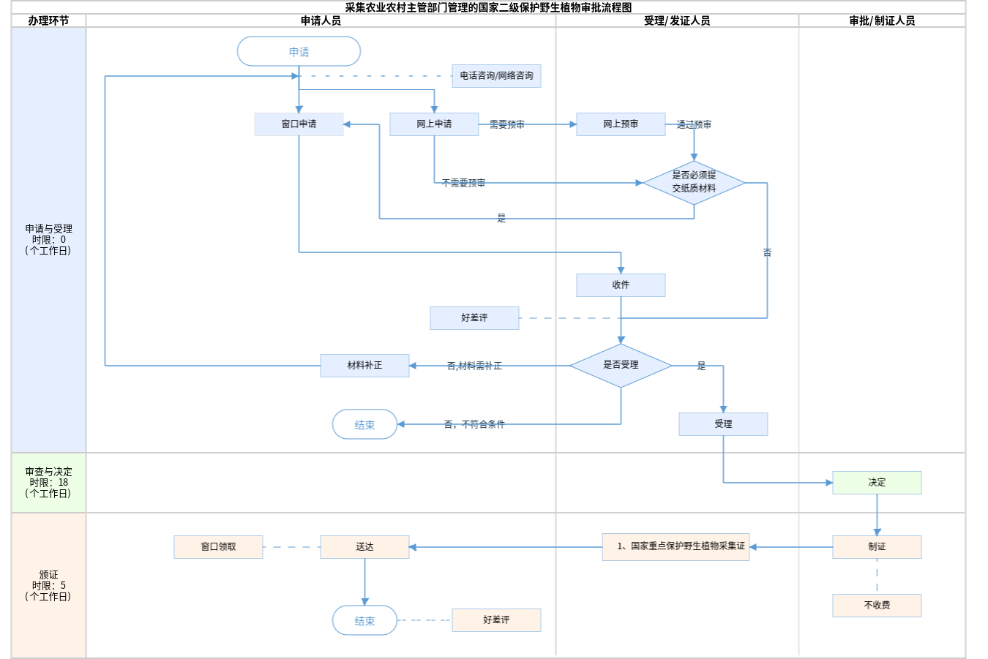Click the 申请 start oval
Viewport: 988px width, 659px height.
[x=299, y=52]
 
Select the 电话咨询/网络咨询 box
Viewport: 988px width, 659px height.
[x=496, y=76]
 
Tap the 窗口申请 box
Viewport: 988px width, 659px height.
[x=299, y=124]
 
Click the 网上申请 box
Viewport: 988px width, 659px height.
[x=434, y=124]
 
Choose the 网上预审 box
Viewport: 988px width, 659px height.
[x=621, y=124]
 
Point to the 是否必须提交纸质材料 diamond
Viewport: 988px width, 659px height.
[x=694, y=182]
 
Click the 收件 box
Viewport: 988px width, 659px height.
[x=621, y=285]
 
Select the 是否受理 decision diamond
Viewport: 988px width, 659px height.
[x=621, y=365]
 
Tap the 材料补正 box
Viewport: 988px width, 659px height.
[x=364, y=366]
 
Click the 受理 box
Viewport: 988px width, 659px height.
[x=723, y=424]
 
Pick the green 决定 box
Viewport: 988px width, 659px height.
[x=877, y=483]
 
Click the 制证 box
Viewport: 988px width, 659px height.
[x=877, y=547]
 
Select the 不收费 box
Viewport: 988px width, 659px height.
[x=877, y=606]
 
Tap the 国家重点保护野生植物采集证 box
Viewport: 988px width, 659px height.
[x=675, y=546]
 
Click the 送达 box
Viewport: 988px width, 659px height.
[x=364, y=547]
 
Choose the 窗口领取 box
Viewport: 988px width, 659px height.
[x=218, y=547]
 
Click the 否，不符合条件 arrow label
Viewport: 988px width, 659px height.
[x=474, y=424]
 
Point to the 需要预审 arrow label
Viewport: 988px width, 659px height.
[x=506, y=125]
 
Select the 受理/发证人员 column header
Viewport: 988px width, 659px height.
[x=677, y=20]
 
